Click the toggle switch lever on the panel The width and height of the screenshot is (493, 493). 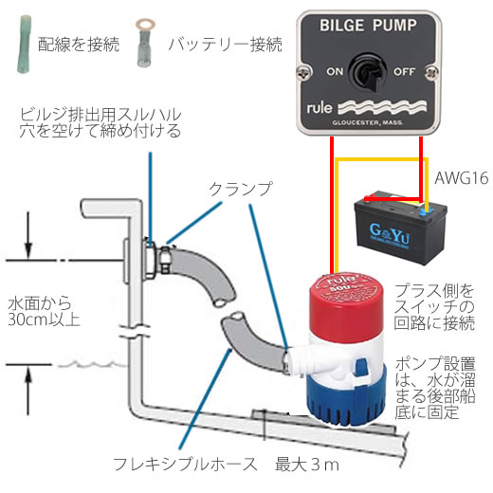[371, 78]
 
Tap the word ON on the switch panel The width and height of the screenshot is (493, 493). [335, 72]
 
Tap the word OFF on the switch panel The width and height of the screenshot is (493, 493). [404, 72]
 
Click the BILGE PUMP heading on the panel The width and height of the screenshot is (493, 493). [368, 26]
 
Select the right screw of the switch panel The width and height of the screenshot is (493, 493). [431, 73]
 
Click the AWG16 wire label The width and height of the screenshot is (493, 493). [462, 178]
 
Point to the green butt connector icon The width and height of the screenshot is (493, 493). [24, 45]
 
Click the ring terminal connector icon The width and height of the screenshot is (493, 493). [145, 43]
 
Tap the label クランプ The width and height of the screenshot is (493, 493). [240, 189]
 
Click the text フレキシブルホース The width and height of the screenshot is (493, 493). [185, 465]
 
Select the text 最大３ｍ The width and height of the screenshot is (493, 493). [307, 465]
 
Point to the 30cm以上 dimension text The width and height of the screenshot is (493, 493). [44, 320]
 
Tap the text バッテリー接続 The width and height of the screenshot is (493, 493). [225, 45]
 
